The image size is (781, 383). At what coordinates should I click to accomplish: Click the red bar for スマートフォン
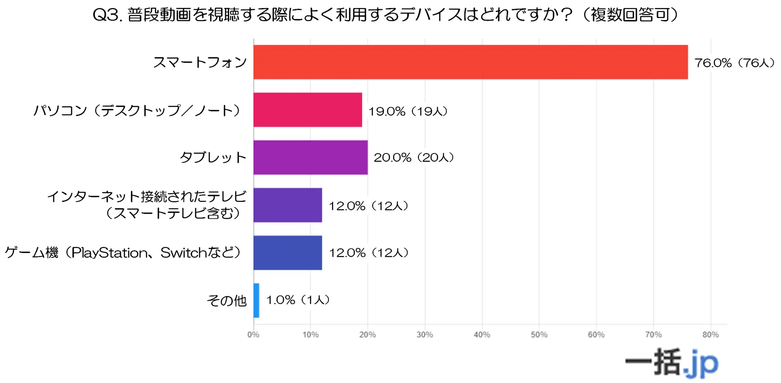pos(471,62)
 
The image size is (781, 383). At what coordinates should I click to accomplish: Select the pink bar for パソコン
pos(308,110)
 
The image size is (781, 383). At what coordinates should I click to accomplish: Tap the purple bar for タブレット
pos(310,157)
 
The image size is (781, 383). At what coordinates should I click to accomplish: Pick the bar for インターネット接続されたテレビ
pos(288,205)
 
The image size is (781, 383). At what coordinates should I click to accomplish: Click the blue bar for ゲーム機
pos(288,253)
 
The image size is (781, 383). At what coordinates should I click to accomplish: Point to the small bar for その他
pos(256,300)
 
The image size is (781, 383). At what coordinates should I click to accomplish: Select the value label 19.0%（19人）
pos(408,111)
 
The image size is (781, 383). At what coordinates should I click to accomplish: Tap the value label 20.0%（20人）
pos(414,157)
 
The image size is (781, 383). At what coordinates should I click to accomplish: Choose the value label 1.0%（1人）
pos(298,300)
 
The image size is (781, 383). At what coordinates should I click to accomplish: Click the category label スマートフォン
pos(200,62)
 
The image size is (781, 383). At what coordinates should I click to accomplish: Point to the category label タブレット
pos(213,157)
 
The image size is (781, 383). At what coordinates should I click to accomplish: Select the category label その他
pos(226,300)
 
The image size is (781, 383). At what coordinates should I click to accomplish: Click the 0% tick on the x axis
pos(253,335)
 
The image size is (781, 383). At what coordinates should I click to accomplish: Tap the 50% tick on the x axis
pos(539,335)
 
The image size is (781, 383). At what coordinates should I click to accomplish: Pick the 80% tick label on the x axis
pos(711,335)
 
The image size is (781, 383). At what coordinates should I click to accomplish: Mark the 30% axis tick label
pos(425,335)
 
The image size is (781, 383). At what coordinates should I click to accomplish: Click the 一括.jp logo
pos(672,363)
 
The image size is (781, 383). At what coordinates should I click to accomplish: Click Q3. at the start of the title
pos(107,15)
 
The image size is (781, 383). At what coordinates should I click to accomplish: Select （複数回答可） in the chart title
pos(630,15)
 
